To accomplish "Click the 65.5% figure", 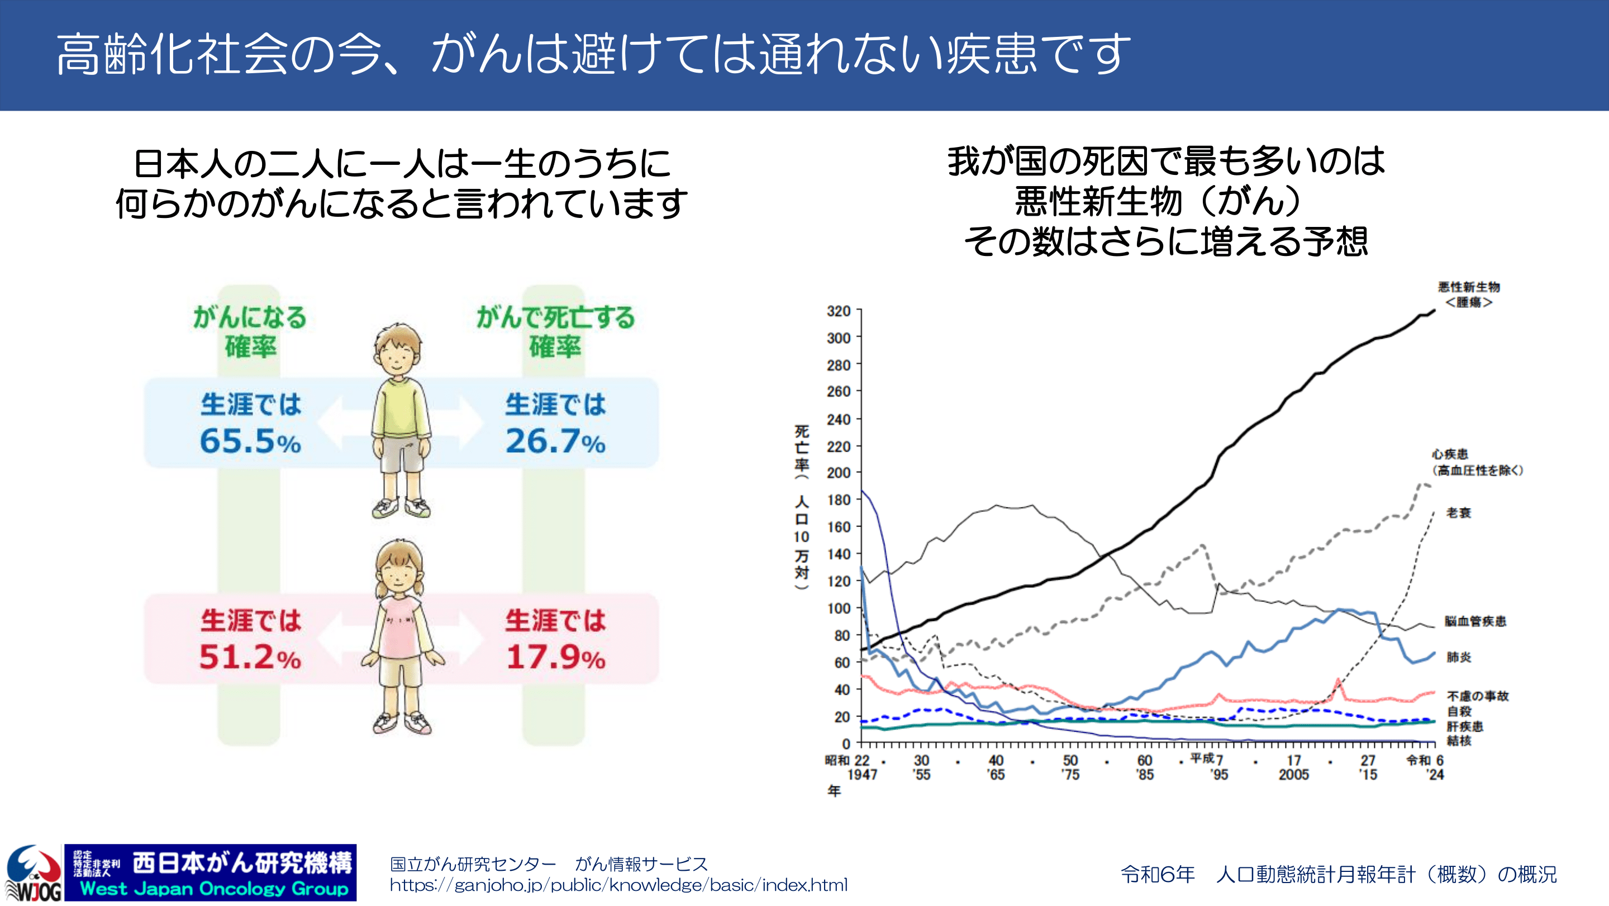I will coord(250,441).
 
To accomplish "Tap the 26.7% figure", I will coord(555,441).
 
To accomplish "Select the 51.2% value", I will coord(250,657).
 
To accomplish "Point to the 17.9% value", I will coord(555,657).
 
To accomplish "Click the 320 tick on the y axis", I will coord(839,311).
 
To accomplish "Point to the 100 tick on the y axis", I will coord(839,608).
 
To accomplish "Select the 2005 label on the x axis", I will coord(1293,775).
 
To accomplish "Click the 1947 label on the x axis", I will coord(862,775).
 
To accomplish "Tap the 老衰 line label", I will coord(1459,513).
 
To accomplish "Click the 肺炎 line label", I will coord(1459,657).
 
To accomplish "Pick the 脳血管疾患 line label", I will coord(1475,621).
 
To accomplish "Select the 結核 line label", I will coord(1459,741).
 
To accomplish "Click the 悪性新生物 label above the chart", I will coord(1468,287).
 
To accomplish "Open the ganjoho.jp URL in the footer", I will coord(618,885).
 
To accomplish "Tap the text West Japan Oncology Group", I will coord(213,889).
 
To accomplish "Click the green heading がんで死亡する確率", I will coord(555,332).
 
